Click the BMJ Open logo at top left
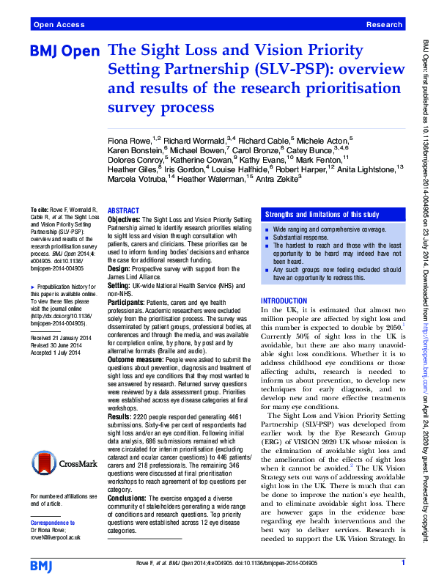click(67, 53)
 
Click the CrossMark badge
click(62, 463)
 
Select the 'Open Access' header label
click(59, 25)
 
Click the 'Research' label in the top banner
click(385, 25)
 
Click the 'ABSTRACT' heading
click(123, 210)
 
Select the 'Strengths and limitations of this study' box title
click(317, 214)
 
